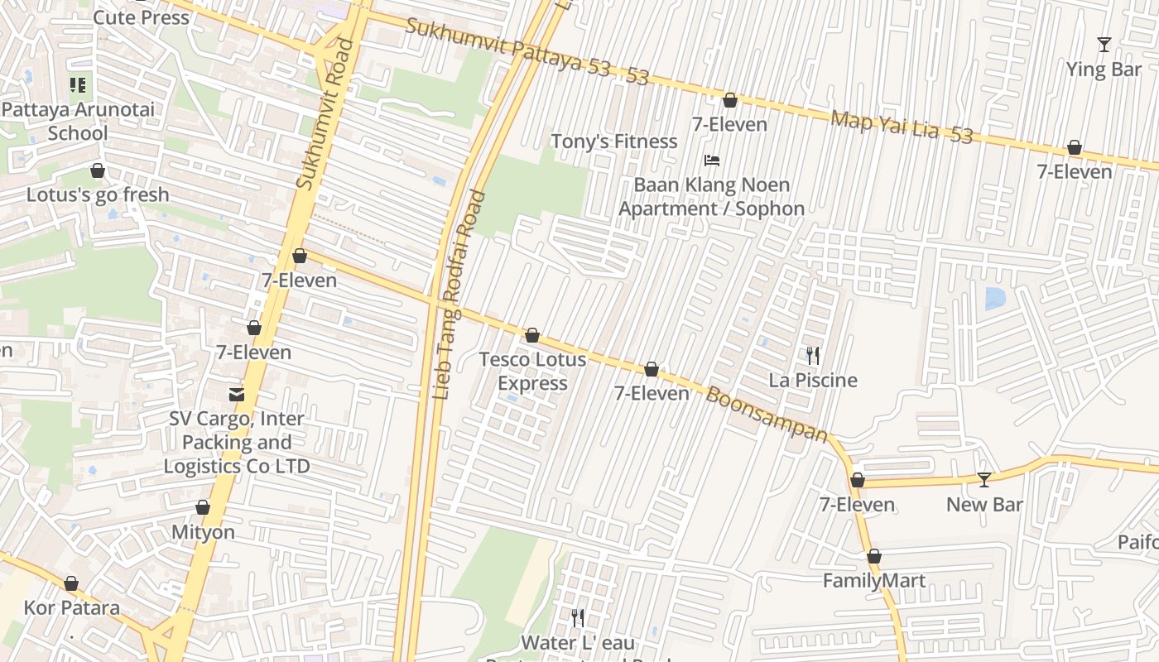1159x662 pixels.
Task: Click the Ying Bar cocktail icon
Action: (1104, 45)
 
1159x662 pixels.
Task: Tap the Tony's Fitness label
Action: (614, 142)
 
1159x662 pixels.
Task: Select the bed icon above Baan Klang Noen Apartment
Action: (712, 161)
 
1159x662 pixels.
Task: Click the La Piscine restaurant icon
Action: (813, 356)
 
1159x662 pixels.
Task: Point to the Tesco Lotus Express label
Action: (533, 372)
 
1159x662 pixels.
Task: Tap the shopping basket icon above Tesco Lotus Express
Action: (532, 335)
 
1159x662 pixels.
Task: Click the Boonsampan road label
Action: (767, 414)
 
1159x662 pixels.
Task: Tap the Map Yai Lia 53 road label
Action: (902, 127)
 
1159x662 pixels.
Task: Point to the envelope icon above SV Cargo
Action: (238, 394)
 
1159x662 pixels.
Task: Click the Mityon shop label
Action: (203, 532)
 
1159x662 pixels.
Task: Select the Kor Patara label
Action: (71, 608)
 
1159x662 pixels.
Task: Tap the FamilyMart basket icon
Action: (873, 557)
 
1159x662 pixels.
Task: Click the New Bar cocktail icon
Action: (983, 479)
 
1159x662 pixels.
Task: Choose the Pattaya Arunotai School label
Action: (78, 121)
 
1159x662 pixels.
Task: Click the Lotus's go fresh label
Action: (98, 195)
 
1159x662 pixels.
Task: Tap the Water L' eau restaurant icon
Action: (578, 617)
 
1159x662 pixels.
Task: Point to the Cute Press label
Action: (142, 17)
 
